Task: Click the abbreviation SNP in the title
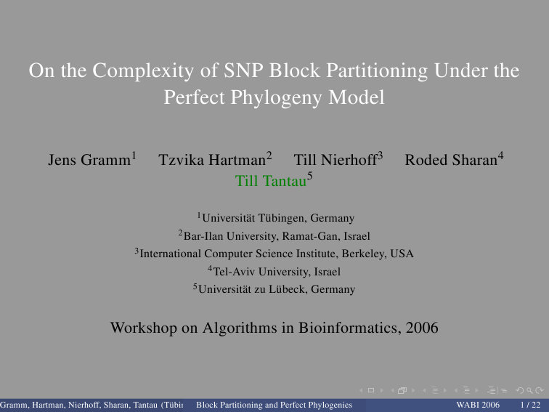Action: point(243,70)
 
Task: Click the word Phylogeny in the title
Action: point(276,98)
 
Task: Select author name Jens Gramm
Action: point(89,160)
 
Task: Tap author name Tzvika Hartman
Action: point(212,160)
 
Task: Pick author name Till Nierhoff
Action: point(335,160)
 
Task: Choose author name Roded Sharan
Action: point(451,160)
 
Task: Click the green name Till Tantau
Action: point(271,181)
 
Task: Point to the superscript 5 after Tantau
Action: point(310,176)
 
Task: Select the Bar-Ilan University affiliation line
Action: point(274,235)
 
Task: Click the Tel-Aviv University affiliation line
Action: point(274,271)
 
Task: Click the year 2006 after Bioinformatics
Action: point(422,328)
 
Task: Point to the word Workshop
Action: point(144,328)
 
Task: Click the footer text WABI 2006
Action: point(478,405)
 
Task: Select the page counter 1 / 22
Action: point(530,405)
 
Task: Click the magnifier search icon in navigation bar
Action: point(529,390)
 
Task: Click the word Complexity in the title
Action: point(143,71)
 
